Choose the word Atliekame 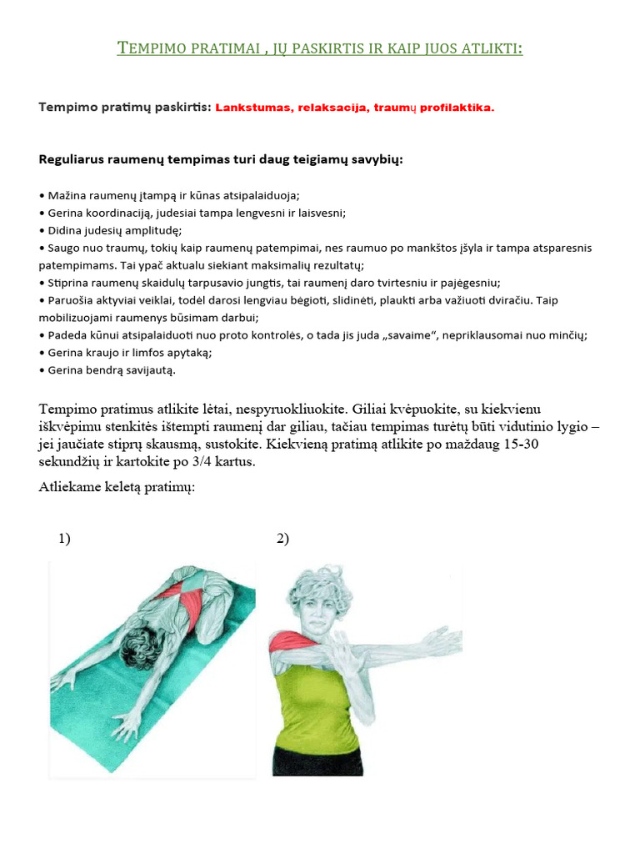pyautogui.click(x=72, y=487)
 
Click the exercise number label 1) pyautogui.click(x=64, y=539)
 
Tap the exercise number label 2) pyautogui.click(x=282, y=539)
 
